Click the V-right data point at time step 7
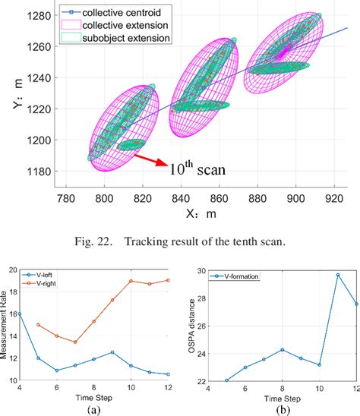[74, 342]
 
